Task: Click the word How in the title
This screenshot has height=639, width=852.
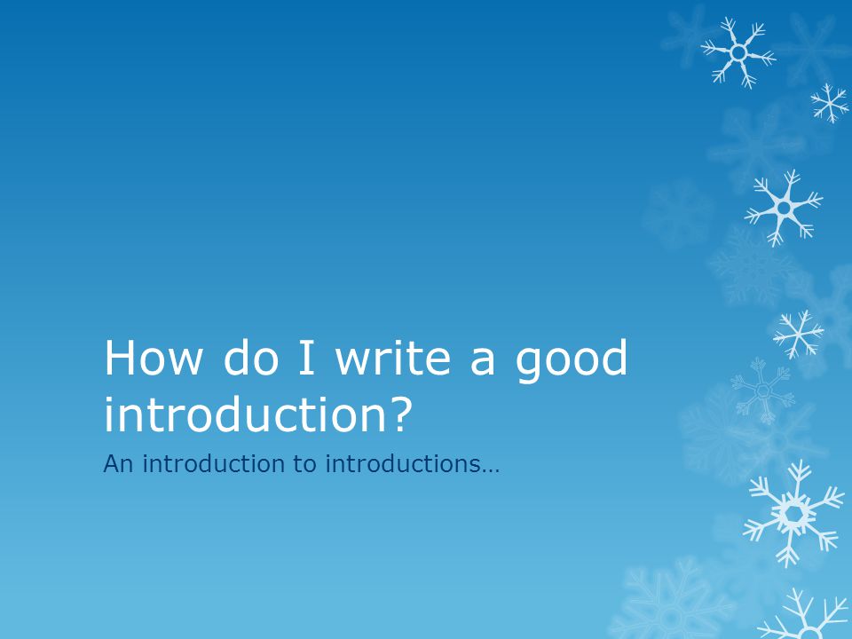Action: pyautogui.click(x=151, y=359)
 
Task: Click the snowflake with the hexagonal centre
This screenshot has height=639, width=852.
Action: pyautogui.click(x=793, y=512)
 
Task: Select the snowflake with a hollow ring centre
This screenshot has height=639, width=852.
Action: pyautogui.click(x=738, y=52)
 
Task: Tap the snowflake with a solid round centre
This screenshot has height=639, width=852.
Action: pyautogui.click(x=783, y=208)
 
